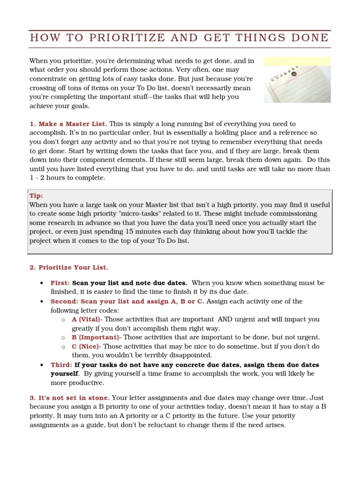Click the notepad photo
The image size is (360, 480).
(297, 80)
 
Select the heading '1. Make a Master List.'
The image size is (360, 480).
(68, 124)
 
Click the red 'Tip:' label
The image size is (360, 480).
(36, 196)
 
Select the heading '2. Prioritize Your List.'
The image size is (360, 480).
(68, 267)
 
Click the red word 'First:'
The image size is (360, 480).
(60, 283)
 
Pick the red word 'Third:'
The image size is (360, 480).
(61, 364)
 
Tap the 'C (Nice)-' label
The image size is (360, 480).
(86, 346)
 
